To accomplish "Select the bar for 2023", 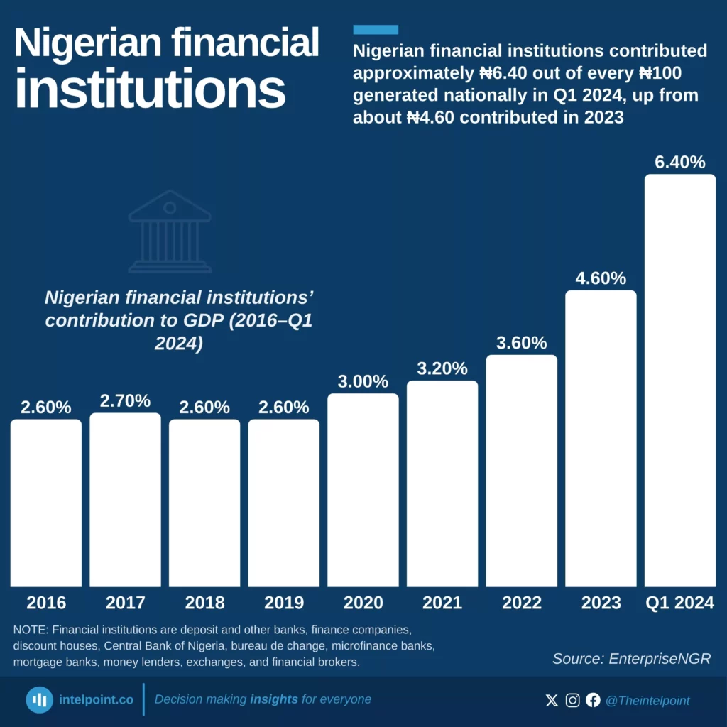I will point(601,438).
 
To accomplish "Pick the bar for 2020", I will point(363,490).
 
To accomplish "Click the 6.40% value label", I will point(679,163).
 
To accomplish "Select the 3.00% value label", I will point(363,381).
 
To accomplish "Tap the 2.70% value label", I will point(125,400).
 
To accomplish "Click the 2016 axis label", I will point(46,603).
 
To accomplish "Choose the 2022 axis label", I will point(522,603).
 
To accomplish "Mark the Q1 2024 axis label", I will point(679,603).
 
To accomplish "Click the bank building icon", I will point(170,231).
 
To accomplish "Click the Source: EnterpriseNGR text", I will point(631,658).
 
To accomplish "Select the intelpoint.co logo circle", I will point(40,700).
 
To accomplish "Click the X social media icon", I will point(552,701).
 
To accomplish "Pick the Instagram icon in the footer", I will point(573,701).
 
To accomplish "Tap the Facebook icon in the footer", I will point(593,701).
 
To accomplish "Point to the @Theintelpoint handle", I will point(647,701).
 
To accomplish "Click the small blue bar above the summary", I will point(376,30).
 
